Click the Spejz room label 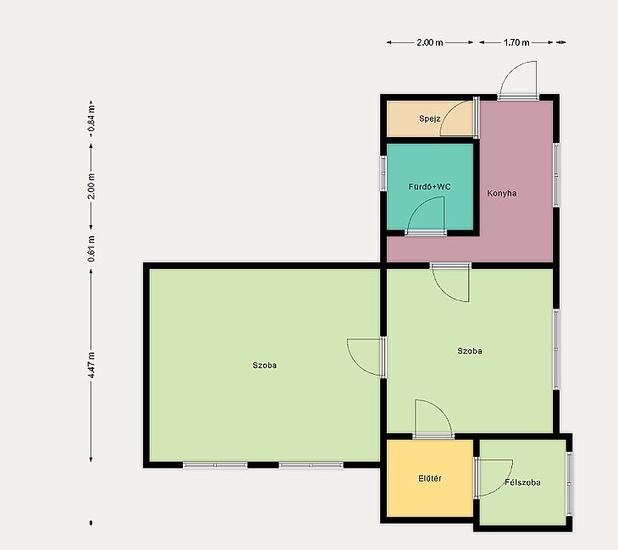coord(429,118)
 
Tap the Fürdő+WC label coord(429,186)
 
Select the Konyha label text coord(502,193)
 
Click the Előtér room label coord(429,478)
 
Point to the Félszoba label coord(522,482)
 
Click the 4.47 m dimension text coord(91,366)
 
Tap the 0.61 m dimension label coord(91,249)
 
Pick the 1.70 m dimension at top coord(516,42)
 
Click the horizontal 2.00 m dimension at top coord(429,42)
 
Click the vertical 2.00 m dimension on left coord(91,186)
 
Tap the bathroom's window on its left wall coord(383,173)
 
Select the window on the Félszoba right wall coord(569,483)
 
